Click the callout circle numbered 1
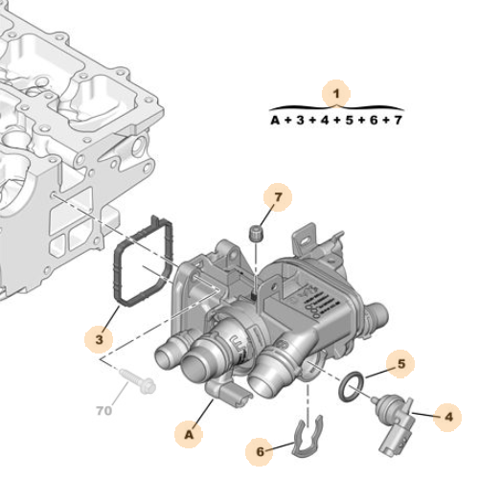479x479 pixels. click(x=335, y=94)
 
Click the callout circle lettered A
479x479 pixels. click(x=191, y=434)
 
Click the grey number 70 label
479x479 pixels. click(x=103, y=413)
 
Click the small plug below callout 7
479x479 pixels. click(x=256, y=232)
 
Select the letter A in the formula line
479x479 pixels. click(x=275, y=121)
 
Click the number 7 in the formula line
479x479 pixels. click(x=398, y=121)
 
